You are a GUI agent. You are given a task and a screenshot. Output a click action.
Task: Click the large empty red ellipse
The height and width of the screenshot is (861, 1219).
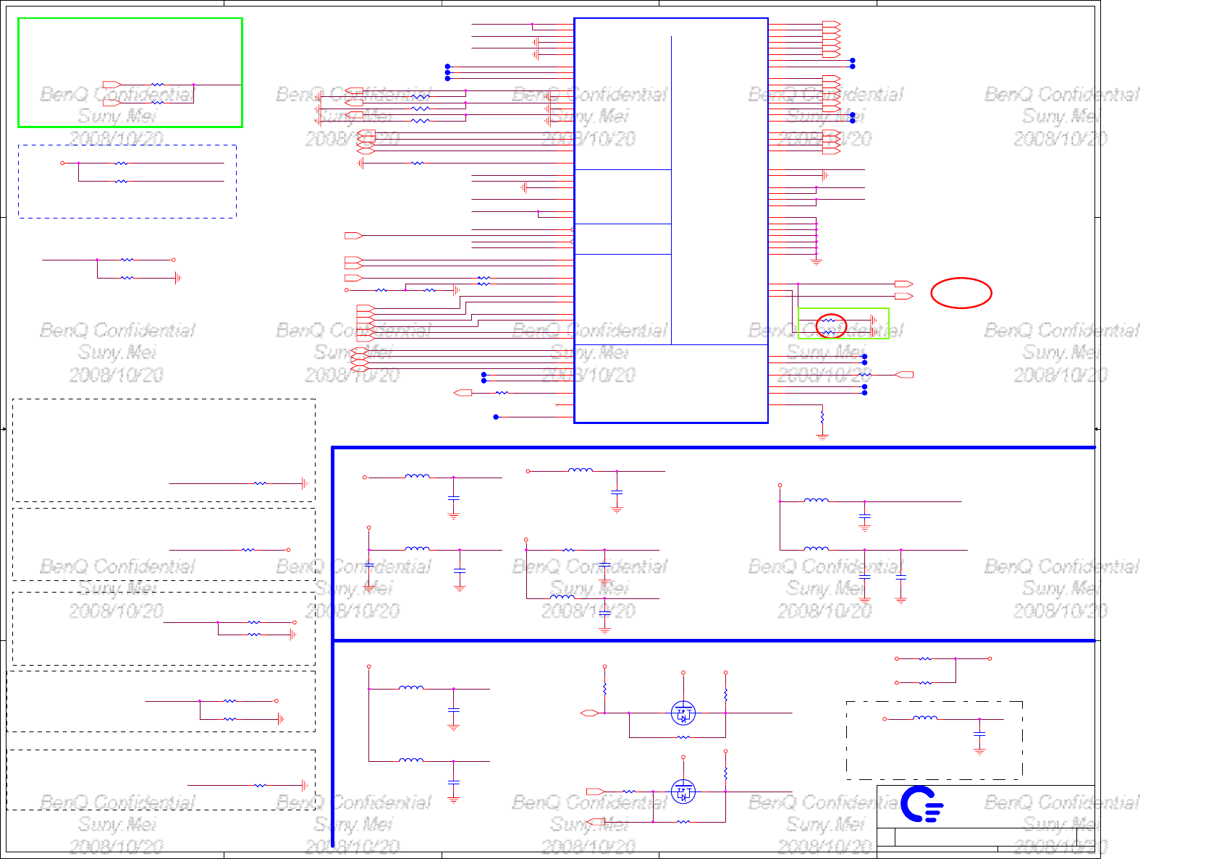[x=961, y=293]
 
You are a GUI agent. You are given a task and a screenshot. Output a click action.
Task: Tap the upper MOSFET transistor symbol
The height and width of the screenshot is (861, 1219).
[x=683, y=713]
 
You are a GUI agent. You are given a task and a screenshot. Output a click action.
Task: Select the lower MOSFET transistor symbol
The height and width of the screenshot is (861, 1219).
[x=683, y=792]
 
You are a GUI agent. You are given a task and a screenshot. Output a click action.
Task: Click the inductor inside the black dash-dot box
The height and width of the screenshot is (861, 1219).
[x=924, y=718]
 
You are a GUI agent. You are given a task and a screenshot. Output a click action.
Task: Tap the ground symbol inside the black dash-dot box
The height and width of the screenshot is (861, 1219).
[x=979, y=752]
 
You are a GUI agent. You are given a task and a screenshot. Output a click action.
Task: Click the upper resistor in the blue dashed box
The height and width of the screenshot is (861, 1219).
[x=121, y=164]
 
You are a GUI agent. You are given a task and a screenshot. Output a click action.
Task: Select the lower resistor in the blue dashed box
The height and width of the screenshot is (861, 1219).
[x=121, y=181]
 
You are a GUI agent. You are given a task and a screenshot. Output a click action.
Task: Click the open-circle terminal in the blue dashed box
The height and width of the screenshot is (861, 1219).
[x=62, y=163]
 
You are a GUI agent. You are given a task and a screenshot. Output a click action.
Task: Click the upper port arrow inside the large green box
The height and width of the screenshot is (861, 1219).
[x=111, y=85]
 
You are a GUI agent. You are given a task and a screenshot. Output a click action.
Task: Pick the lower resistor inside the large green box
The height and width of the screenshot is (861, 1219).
[x=157, y=103]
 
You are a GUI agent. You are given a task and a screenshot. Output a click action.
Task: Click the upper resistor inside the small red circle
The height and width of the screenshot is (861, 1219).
[x=829, y=321]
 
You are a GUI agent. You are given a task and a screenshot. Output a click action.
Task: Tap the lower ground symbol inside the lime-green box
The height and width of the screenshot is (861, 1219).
[x=876, y=332]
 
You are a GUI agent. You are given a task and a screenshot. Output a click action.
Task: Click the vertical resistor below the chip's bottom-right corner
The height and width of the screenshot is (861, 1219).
[x=822, y=417]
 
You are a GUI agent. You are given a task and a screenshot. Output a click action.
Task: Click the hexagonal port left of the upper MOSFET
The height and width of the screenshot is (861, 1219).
[x=589, y=713]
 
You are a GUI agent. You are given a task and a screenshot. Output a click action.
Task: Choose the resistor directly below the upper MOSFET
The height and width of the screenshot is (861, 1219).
[x=683, y=737]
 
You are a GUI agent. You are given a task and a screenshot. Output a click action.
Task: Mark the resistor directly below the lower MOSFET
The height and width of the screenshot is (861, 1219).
[x=683, y=822]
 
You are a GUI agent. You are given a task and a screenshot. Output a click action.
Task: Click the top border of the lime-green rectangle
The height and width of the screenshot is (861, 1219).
[x=843, y=309]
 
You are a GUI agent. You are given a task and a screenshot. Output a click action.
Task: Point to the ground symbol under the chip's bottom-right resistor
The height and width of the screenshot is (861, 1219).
[x=822, y=436]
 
